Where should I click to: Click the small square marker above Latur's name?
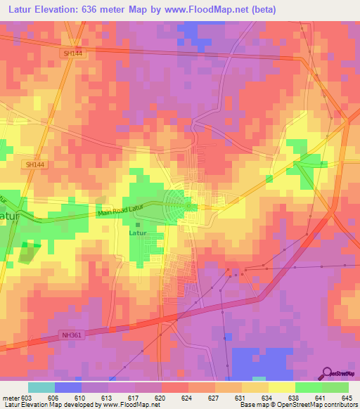(138, 224)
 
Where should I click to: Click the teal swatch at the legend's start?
(41, 387)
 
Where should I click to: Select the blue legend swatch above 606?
(68, 387)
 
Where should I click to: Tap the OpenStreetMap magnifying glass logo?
(328, 373)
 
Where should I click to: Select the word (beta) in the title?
(260, 10)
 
